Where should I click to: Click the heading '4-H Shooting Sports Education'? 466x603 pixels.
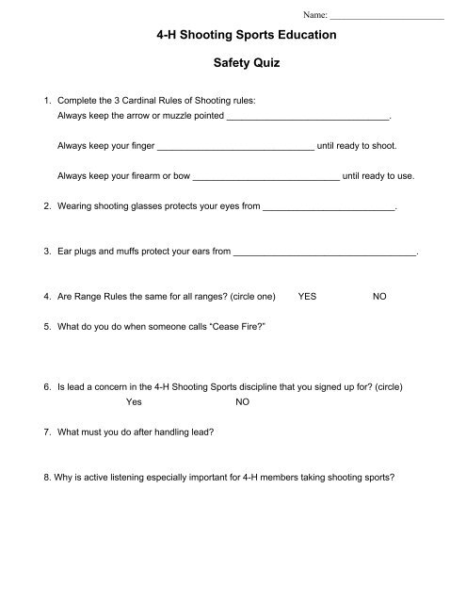coord(233,35)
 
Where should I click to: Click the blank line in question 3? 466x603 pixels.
coord(324,252)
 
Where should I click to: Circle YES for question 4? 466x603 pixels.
coord(307,296)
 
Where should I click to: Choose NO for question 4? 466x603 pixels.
coord(379,296)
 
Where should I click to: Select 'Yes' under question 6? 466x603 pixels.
coord(134,400)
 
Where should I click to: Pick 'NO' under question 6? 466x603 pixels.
coord(242,400)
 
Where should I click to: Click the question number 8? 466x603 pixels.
coord(35,476)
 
